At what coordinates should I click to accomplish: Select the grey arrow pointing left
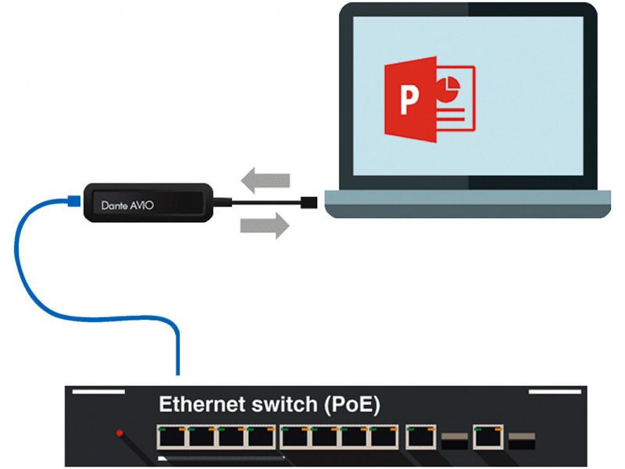[x=265, y=180]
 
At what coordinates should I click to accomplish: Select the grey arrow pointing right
[x=265, y=226]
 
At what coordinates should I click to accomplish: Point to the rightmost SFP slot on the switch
[x=521, y=439]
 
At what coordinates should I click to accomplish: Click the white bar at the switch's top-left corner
[x=97, y=391]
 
